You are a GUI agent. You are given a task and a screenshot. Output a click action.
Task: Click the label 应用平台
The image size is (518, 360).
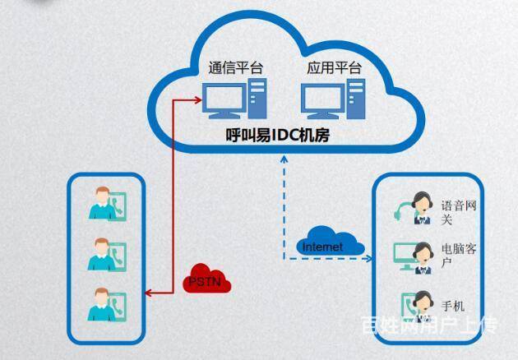pos(334,68)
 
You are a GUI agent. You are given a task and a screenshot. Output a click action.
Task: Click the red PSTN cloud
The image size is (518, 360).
pos(206,279)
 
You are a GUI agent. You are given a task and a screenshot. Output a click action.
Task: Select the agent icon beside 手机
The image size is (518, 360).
pos(418,306)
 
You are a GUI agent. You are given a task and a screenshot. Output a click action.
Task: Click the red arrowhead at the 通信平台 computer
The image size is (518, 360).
pos(197,101)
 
